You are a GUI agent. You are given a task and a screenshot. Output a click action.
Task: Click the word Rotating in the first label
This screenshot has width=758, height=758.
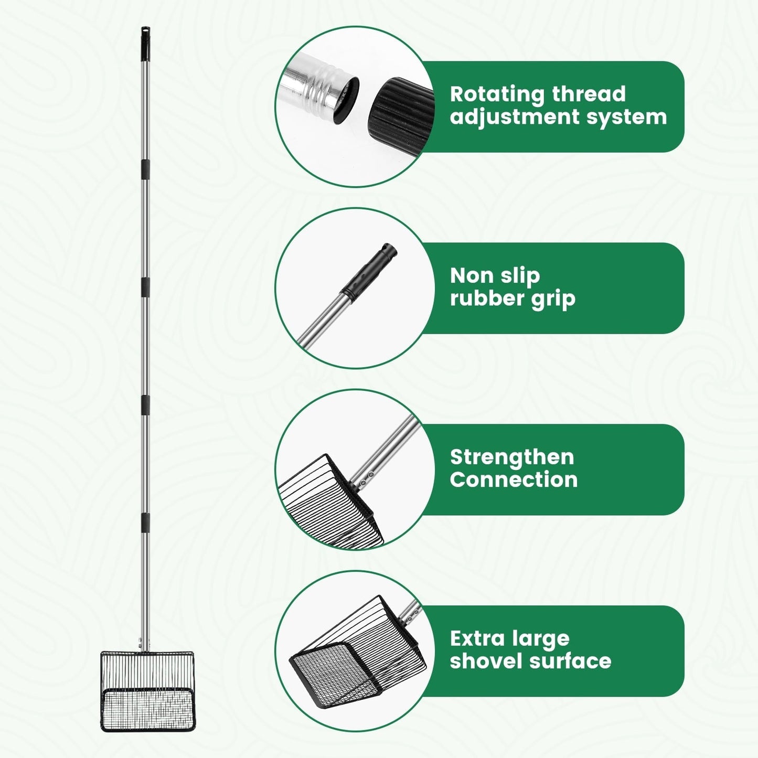click(497, 95)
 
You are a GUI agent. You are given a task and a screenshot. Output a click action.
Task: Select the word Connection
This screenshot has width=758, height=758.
click(514, 481)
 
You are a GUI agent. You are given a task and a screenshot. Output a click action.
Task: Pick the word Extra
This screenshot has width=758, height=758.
click(476, 639)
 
